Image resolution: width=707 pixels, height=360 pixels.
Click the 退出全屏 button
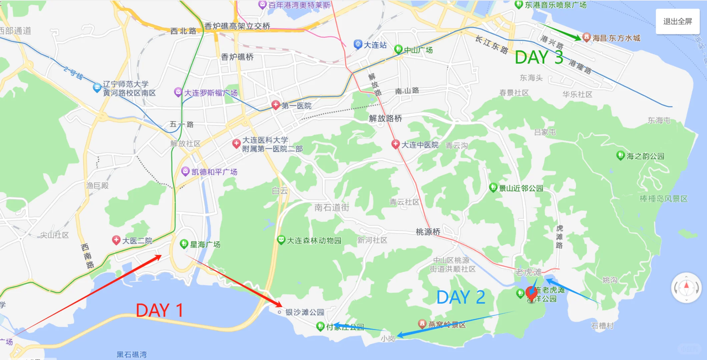(677, 22)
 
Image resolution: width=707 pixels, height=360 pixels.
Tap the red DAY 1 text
(159, 310)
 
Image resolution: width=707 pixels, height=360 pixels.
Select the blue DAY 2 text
(461, 297)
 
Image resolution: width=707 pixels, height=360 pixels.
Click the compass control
(686, 287)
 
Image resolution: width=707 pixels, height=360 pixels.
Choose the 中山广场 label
(418, 50)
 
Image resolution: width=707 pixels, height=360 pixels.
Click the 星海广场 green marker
(184, 244)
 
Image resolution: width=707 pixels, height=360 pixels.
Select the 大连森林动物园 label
(314, 240)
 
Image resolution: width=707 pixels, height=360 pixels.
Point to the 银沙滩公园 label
(304, 312)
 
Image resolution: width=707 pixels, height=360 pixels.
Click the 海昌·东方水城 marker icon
(586, 37)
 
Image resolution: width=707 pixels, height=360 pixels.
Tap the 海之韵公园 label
(645, 156)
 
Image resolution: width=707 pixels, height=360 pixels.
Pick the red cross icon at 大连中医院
(396, 144)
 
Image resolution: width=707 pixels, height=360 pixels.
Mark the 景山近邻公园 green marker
(493, 187)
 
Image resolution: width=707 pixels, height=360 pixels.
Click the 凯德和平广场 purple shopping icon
(185, 171)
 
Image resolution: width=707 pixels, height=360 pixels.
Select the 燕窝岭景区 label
(447, 324)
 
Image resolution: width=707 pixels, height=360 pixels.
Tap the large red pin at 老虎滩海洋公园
(531, 293)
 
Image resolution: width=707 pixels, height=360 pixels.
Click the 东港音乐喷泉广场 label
(555, 5)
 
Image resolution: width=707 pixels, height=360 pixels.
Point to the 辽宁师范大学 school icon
(97, 88)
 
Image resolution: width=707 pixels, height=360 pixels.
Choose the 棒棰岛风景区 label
(663, 199)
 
